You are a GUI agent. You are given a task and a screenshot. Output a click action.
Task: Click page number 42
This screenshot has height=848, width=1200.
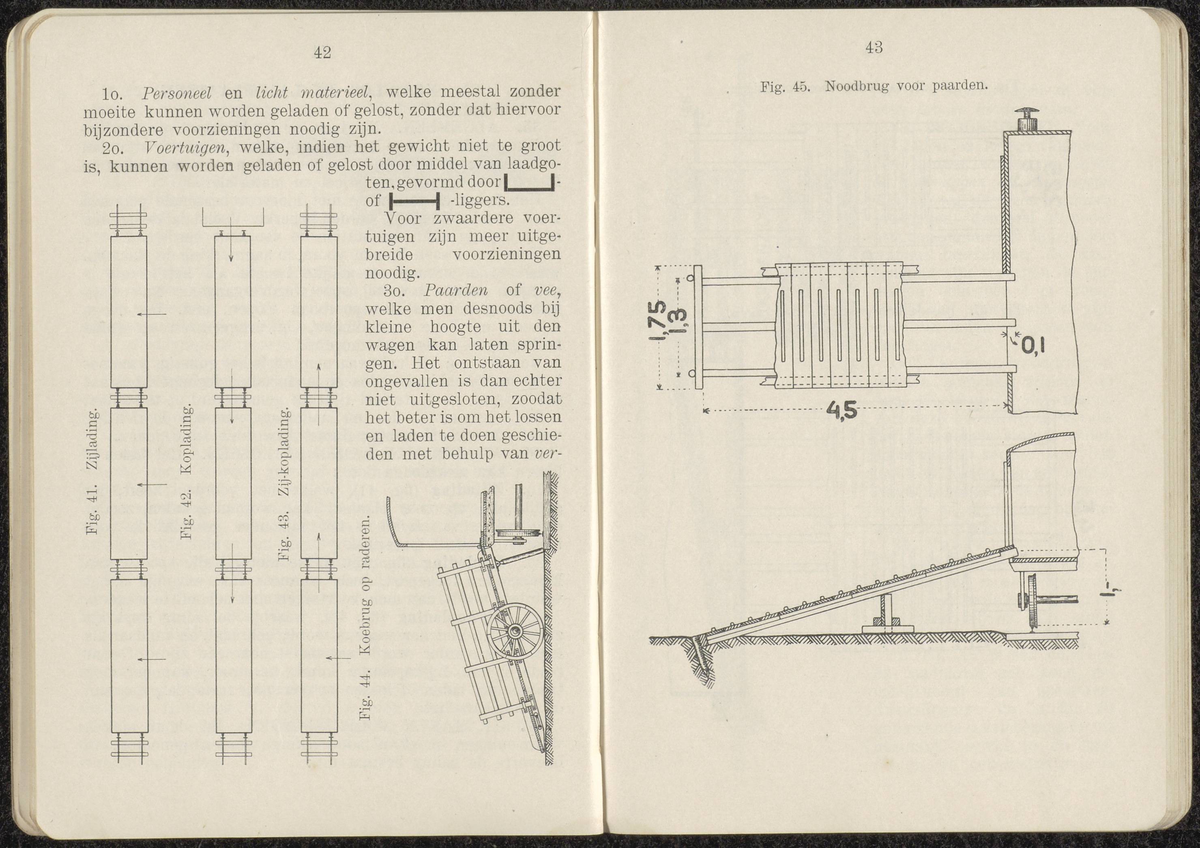click(323, 53)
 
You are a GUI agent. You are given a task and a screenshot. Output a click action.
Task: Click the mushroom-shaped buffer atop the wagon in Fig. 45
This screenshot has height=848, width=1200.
click(1014, 118)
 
